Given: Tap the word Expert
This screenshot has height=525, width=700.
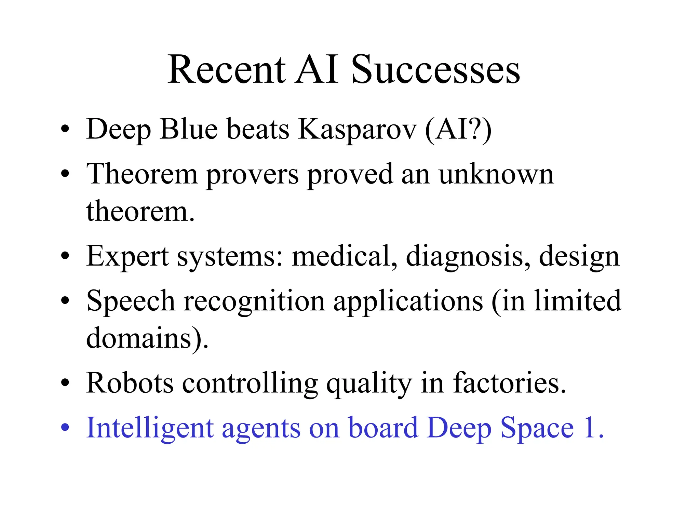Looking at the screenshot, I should coord(127,257).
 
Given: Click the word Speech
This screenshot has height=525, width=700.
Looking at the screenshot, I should coord(131,302).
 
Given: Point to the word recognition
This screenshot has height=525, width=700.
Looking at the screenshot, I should coord(254,302).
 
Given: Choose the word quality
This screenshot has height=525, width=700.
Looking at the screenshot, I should coord(369,384).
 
